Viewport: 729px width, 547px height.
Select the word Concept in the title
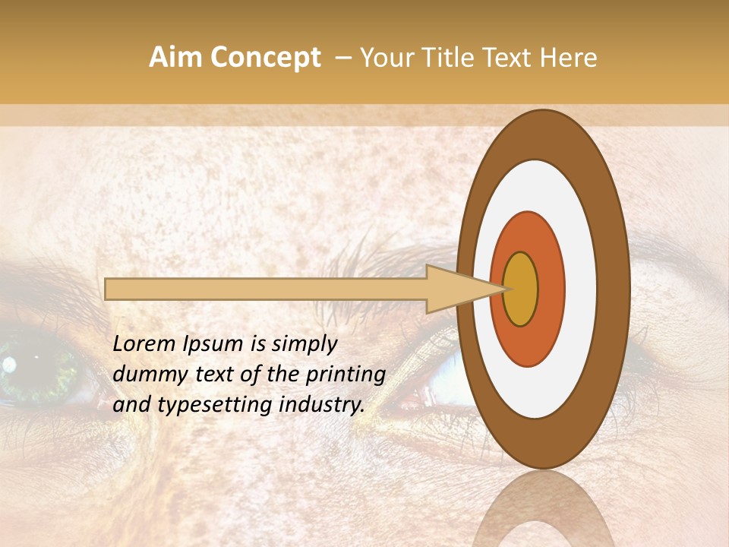(265, 58)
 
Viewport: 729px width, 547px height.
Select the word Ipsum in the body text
(216, 345)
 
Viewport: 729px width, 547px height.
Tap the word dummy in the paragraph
(145, 375)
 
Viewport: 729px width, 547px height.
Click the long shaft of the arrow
(266, 289)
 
